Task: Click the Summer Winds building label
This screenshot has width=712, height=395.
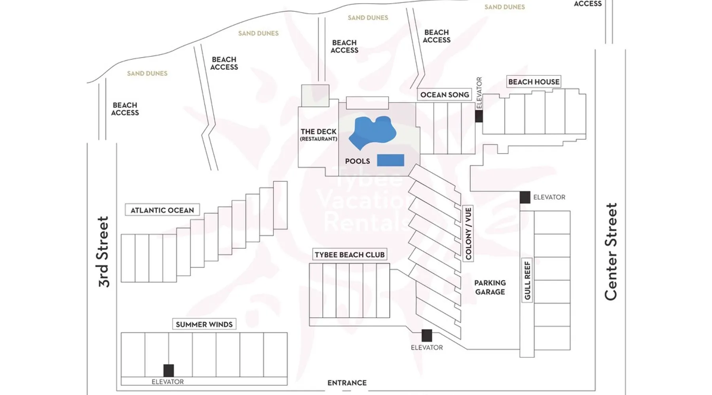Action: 204,324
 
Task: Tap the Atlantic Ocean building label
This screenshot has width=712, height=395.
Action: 162,210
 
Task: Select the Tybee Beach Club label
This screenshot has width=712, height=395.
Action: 350,255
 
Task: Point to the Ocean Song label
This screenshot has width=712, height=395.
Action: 445,95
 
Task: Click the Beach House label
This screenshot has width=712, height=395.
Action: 534,82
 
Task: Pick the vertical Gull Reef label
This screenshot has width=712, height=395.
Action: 527,280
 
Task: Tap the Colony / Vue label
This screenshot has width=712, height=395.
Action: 468,233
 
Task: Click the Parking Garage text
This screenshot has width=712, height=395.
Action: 490,288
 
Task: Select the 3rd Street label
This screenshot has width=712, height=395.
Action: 103,252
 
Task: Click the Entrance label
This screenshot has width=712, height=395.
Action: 347,383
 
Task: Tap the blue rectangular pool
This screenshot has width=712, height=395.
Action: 390,160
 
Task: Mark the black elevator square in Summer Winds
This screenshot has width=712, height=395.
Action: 169,371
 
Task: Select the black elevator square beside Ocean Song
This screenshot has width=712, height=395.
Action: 479,116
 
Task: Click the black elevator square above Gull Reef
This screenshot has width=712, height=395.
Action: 525,197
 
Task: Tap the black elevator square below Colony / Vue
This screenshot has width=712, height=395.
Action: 427,335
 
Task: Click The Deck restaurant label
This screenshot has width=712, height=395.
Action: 318,134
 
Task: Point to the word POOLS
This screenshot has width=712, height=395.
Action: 358,161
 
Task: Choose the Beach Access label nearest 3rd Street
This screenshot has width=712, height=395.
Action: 125,109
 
